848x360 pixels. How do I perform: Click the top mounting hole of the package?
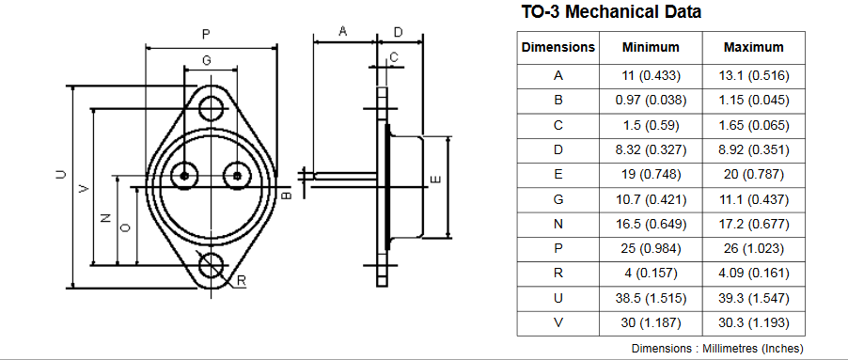pyautogui.click(x=211, y=109)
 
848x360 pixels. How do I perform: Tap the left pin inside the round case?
pyautogui.click(x=184, y=176)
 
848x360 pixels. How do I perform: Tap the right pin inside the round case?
pyautogui.click(x=237, y=176)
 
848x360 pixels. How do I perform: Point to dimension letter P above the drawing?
pyautogui.click(x=206, y=35)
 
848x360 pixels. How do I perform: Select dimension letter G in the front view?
pyautogui.click(x=207, y=60)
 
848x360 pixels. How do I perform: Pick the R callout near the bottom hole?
pyautogui.click(x=242, y=280)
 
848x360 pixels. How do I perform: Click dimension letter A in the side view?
pyautogui.click(x=343, y=31)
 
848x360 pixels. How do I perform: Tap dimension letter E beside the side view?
pyautogui.click(x=437, y=180)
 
